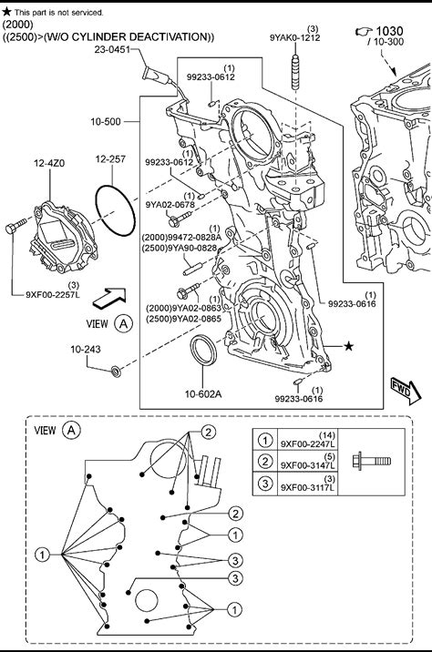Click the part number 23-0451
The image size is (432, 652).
coord(112,49)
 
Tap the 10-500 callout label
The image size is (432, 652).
coord(106,121)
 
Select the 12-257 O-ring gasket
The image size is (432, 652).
coord(116,211)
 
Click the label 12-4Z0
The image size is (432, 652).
coord(49,163)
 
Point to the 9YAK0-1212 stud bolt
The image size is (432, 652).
coord(295,72)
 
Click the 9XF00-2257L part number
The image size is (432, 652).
coord(53,294)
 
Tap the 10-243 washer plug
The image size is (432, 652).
coord(116,371)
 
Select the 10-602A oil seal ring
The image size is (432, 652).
coord(203,350)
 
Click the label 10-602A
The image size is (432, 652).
coord(203,393)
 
